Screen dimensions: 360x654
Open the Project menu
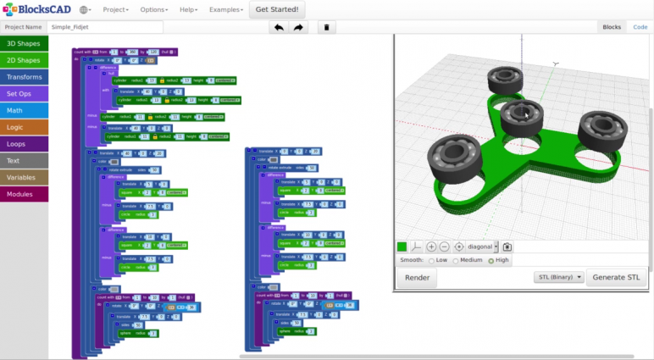point(116,10)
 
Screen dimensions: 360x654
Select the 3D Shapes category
point(24,43)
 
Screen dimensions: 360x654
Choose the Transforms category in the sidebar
point(24,77)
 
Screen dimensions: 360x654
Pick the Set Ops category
point(24,94)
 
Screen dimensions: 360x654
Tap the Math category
point(24,110)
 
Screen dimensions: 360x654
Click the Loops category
point(24,144)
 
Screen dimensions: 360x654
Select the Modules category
point(24,194)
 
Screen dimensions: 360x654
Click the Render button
point(417,278)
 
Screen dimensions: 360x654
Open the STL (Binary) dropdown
point(559,277)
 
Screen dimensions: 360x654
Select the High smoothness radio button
point(491,261)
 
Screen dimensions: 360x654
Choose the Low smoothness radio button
point(431,261)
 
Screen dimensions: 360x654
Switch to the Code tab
point(640,27)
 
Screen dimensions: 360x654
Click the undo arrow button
point(278,27)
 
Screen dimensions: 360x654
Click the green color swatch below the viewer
point(402,246)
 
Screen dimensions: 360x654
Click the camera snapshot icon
point(507,246)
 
